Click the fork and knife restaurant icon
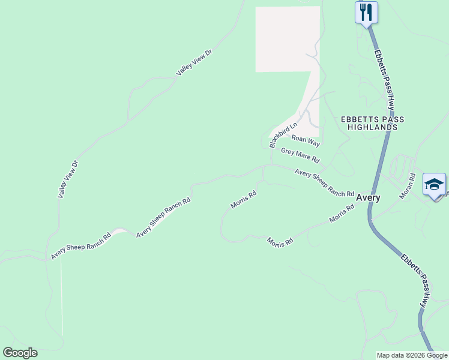pos(366,12)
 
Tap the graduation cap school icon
pos(434,184)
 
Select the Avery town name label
pos(368,197)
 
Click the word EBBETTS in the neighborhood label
pos(359,119)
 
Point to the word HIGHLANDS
pos(377,127)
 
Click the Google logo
pos(20,353)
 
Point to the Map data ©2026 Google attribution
pos(412,355)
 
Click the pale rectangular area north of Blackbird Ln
pos(287,39)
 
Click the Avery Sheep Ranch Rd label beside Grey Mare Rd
pos(324,183)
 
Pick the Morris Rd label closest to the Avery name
pos(342,214)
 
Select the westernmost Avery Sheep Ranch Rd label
pos(81,245)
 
